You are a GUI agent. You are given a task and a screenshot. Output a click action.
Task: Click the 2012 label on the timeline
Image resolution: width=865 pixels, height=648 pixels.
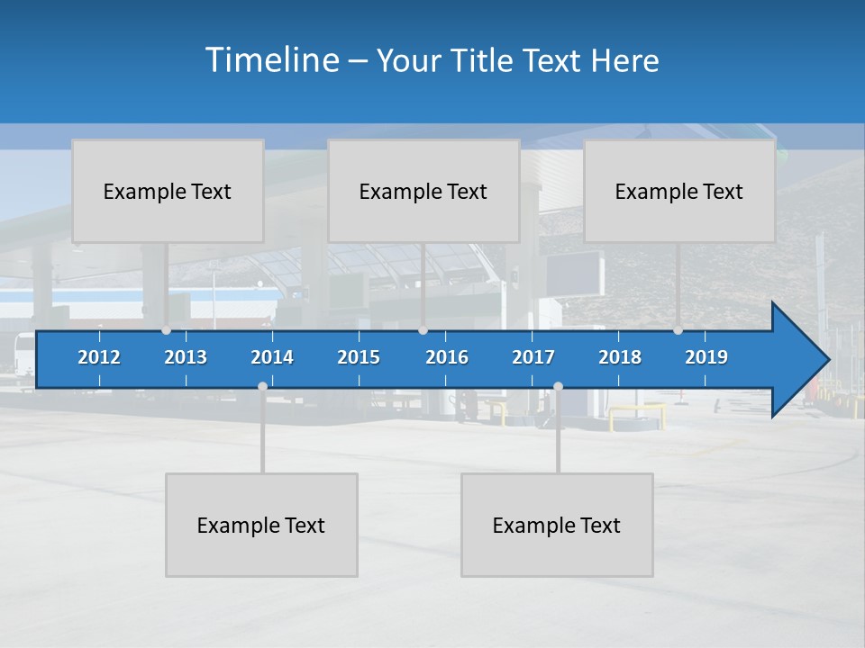tap(99, 357)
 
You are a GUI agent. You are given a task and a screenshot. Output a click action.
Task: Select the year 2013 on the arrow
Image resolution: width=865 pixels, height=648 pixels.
tap(186, 357)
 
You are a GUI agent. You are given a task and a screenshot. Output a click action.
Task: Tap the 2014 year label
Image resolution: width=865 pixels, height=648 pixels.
tap(272, 357)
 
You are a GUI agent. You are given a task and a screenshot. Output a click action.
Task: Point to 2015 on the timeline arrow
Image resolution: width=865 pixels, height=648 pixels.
tap(359, 357)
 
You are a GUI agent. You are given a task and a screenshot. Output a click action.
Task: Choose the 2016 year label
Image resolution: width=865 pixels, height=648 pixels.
tap(447, 357)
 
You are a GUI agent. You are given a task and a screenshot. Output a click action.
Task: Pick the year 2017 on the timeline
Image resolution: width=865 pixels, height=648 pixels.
tap(533, 357)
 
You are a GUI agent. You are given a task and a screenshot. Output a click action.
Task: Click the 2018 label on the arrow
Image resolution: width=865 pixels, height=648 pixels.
tap(620, 357)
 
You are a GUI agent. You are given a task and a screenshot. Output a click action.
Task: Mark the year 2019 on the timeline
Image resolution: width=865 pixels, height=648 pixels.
tap(706, 357)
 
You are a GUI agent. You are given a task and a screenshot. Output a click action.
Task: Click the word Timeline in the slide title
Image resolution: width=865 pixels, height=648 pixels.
tap(270, 60)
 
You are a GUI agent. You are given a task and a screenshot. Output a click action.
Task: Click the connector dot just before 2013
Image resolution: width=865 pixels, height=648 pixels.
tap(167, 330)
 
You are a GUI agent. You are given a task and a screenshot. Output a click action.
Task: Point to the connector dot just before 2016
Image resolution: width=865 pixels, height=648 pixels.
tap(423, 330)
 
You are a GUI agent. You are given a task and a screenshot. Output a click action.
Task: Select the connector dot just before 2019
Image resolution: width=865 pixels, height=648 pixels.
tap(678, 330)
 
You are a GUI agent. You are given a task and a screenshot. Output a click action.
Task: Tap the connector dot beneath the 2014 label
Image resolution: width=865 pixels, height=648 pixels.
tap(262, 386)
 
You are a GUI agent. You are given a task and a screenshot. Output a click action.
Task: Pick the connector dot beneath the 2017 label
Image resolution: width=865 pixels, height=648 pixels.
tap(558, 386)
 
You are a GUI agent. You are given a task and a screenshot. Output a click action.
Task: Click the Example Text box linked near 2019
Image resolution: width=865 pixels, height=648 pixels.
tap(679, 191)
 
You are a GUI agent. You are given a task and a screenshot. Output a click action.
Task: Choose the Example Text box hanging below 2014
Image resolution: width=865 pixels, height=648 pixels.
tap(261, 525)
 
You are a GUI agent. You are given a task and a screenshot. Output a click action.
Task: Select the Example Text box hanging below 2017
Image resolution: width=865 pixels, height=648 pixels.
tap(557, 525)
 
